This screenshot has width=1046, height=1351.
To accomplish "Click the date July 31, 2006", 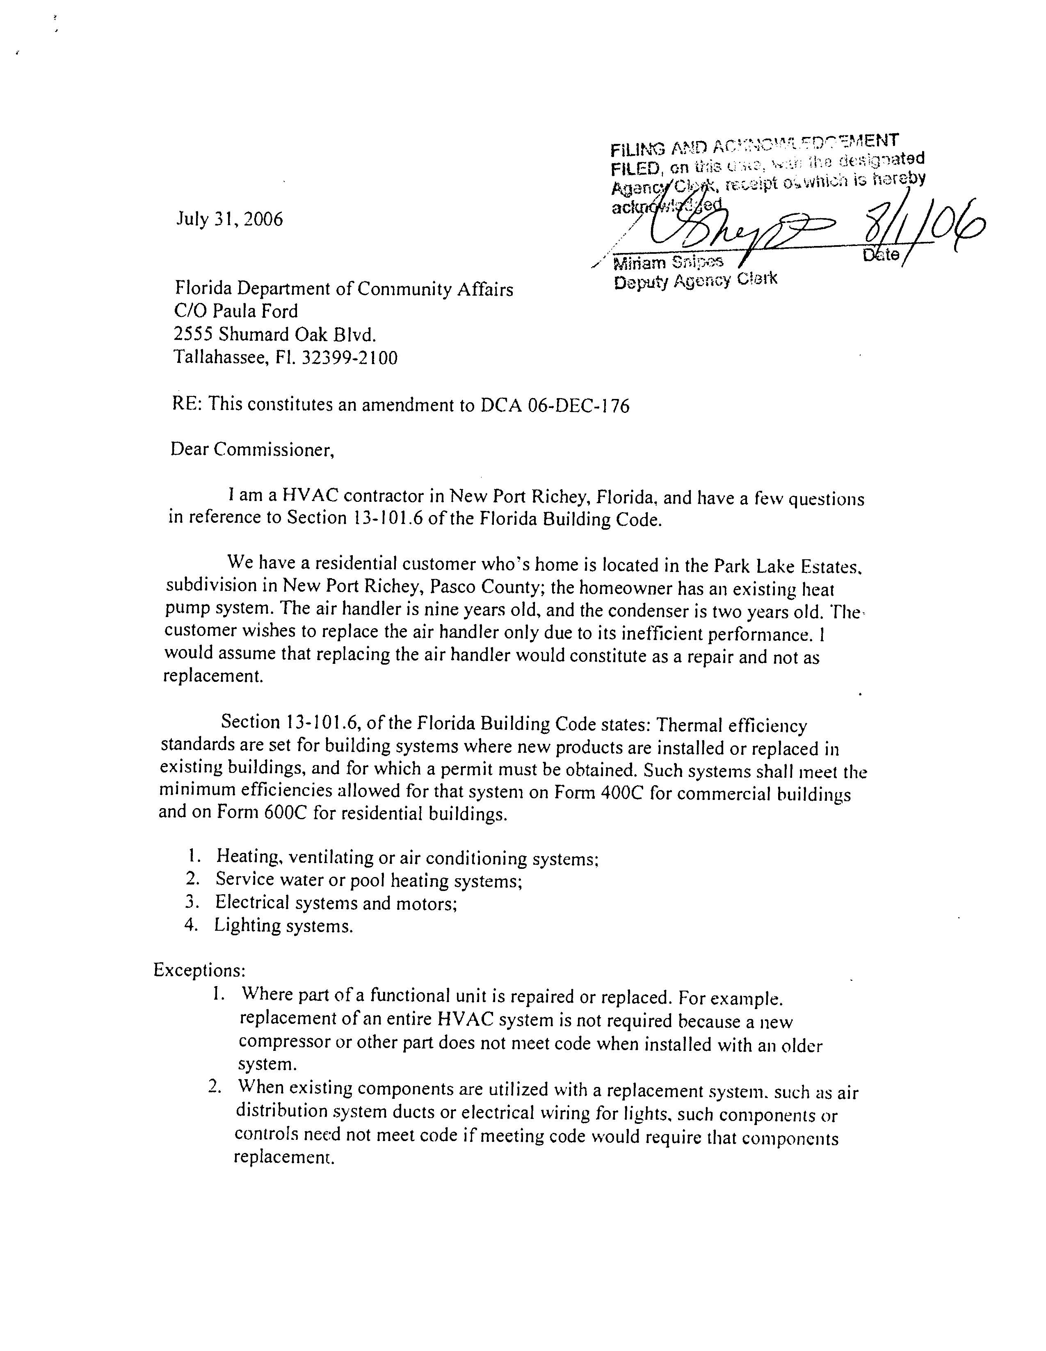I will click(230, 219).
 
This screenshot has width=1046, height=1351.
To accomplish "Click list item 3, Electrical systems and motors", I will click(336, 902).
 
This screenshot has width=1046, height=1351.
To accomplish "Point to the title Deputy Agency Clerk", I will click(694, 281).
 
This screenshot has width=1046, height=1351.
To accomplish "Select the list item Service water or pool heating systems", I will click(369, 879).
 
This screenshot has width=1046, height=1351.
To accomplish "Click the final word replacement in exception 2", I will click(284, 1157).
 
